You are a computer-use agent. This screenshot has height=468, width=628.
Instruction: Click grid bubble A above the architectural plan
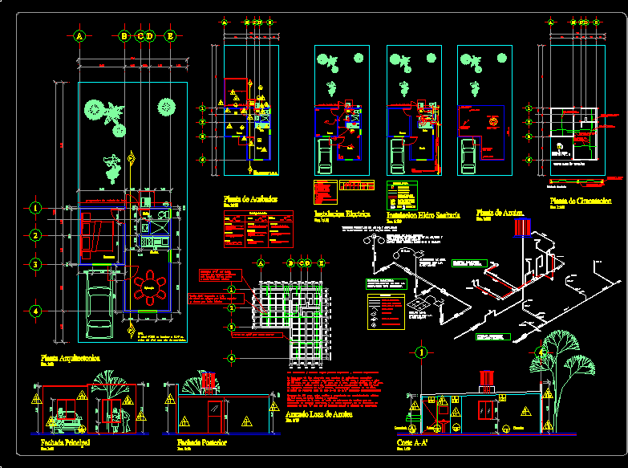[x=79, y=36]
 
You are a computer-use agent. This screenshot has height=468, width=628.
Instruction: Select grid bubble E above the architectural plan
[x=170, y=36]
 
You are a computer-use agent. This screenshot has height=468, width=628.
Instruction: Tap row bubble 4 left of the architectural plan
[x=35, y=311]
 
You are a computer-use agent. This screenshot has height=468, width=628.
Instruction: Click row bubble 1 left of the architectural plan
[x=35, y=208]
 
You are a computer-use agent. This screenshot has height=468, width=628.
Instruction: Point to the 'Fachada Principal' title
[x=66, y=442]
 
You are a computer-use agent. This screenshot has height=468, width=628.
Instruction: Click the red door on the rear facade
[x=213, y=417]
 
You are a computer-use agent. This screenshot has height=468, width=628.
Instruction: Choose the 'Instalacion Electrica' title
[x=340, y=214]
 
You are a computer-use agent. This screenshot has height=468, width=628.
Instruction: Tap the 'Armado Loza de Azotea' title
[x=318, y=415]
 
